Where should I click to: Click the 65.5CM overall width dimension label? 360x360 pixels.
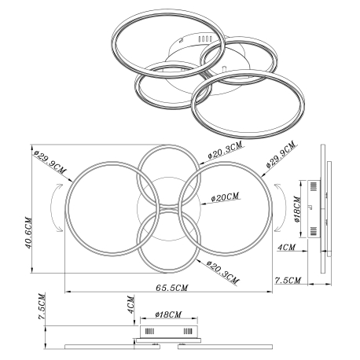point(171,288)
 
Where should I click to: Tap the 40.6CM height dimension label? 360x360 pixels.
point(28,233)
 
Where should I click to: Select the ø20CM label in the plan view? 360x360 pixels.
point(226,197)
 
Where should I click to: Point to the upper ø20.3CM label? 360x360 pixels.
point(226,150)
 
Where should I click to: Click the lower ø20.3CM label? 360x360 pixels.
point(222,273)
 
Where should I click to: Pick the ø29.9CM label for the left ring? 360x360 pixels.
point(50,163)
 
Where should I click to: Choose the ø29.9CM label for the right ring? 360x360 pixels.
point(281,154)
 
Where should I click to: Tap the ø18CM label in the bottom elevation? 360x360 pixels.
point(168,314)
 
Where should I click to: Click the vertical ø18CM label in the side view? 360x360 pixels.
point(298,210)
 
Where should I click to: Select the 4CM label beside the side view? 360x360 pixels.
point(286,248)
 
